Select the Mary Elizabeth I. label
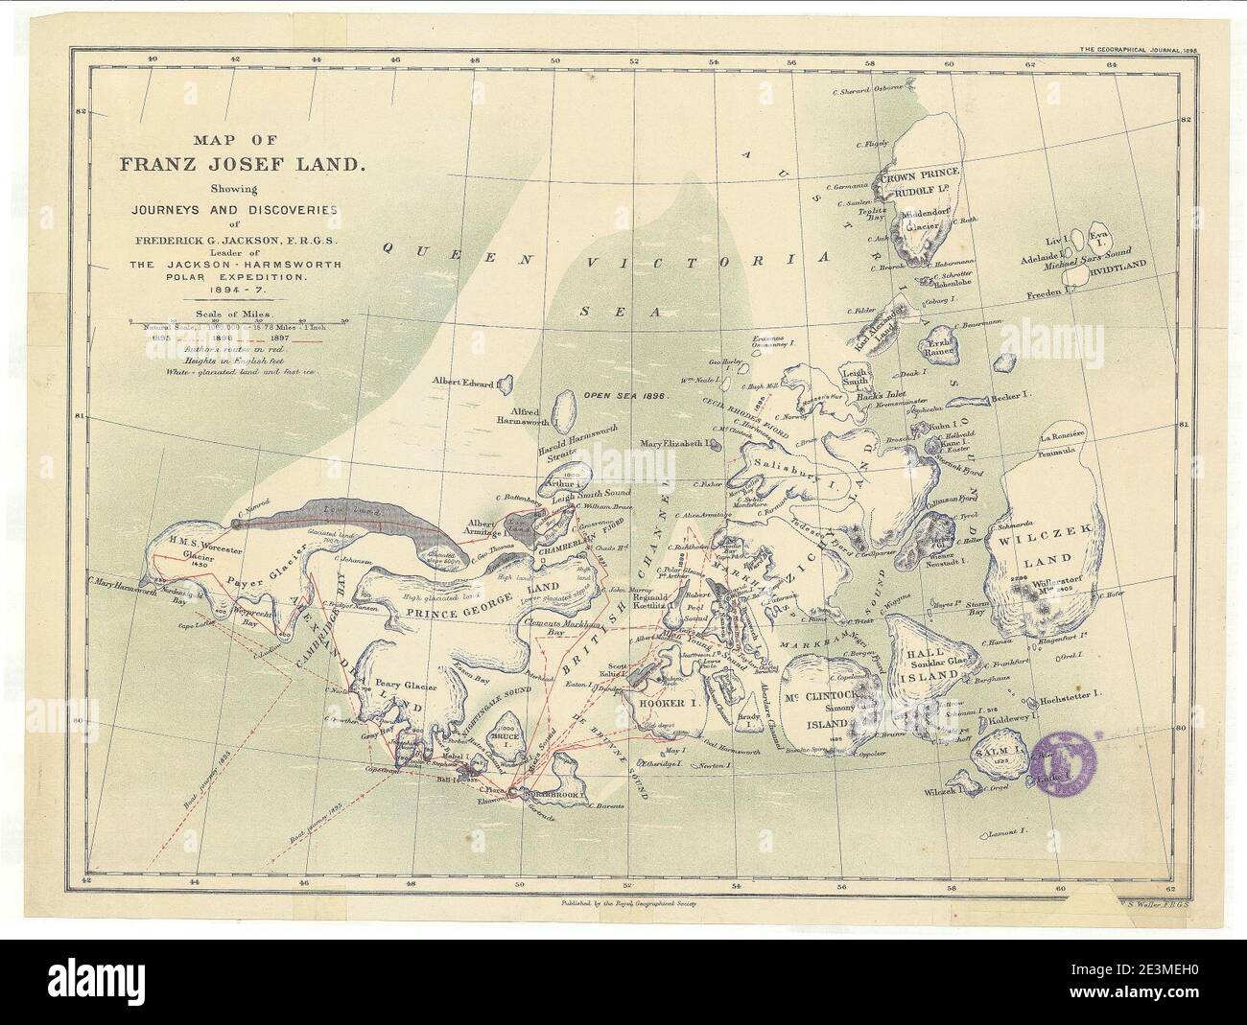(678, 444)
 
